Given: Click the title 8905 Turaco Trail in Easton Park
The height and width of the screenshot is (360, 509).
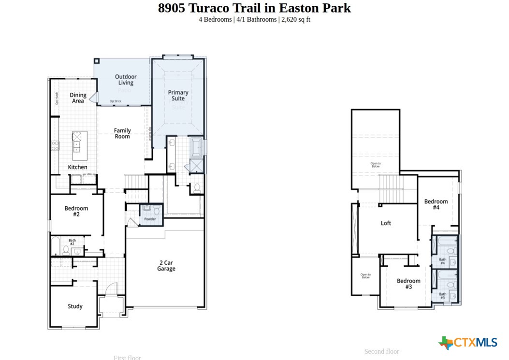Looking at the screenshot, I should click(x=254, y=8).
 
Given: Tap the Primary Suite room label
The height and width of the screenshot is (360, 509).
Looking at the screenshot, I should click(x=178, y=95).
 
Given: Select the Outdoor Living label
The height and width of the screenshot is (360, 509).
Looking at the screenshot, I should click(x=126, y=80).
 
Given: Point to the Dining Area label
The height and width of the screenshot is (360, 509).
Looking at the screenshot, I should click(x=78, y=98).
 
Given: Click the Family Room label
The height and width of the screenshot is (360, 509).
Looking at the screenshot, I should click(x=122, y=133).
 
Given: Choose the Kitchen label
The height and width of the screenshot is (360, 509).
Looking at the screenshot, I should click(x=77, y=167).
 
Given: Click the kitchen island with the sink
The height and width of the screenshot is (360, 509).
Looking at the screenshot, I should click(x=77, y=141).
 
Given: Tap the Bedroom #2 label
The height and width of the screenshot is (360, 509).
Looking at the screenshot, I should click(x=76, y=211).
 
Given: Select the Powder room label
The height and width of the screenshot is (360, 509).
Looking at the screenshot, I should click(x=150, y=219).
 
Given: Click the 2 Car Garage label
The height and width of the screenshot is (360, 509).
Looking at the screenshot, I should click(x=166, y=266).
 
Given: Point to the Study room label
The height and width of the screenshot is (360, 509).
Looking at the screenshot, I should click(x=75, y=306).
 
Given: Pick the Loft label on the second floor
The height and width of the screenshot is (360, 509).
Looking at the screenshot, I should click(x=386, y=223).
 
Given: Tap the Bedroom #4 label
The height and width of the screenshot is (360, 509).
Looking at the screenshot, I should click(x=436, y=204).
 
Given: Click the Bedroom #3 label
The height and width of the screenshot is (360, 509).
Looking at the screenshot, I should click(x=408, y=284).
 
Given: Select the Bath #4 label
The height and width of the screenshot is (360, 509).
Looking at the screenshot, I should click(x=442, y=261).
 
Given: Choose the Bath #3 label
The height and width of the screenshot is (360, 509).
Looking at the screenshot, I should click(x=442, y=296).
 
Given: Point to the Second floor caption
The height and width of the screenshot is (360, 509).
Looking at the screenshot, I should click(x=381, y=351).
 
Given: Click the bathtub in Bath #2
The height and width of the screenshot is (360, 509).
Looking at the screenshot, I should click(x=55, y=245).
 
